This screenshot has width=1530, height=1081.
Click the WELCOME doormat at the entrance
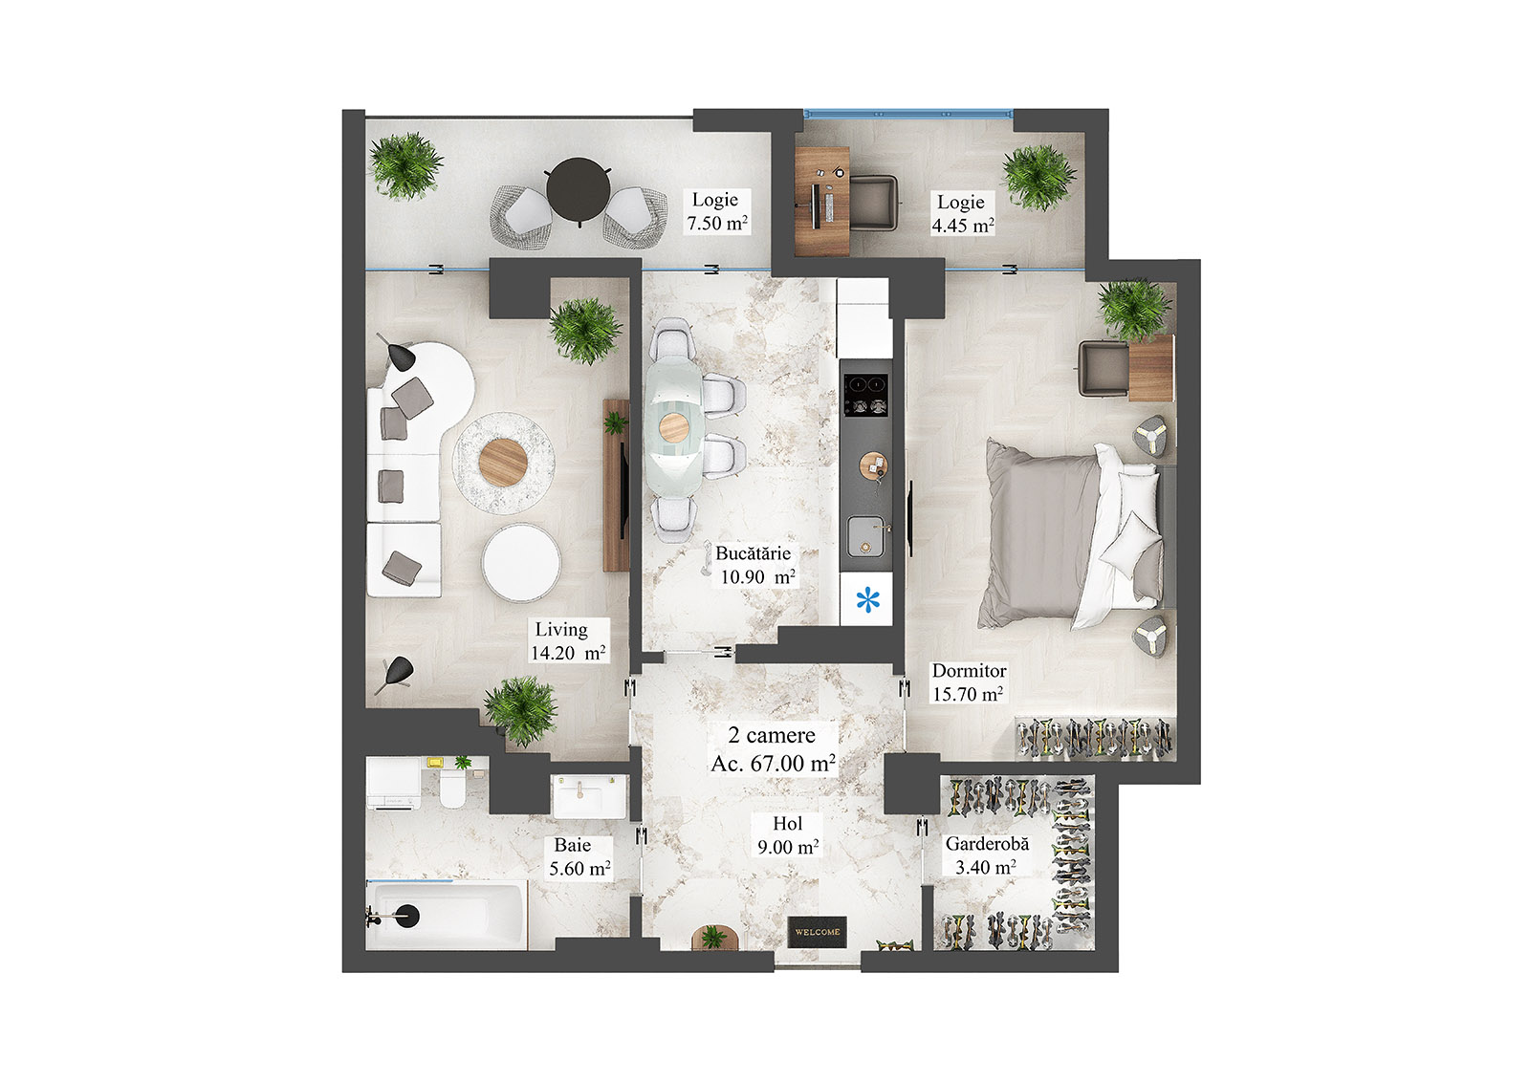pyautogui.click(x=818, y=932)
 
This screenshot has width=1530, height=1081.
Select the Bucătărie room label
pyautogui.click(x=753, y=553)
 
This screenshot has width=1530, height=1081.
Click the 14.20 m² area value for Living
pyautogui.click(x=568, y=654)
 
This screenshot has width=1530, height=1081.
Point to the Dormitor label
pyautogui.click(x=969, y=671)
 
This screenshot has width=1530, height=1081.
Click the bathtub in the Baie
pyautogui.click(x=446, y=915)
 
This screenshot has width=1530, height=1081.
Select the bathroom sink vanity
pyautogui.click(x=588, y=795)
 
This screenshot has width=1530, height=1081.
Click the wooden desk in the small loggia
pyautogui.click(x=822, y=200)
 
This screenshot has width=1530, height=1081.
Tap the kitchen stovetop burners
pyautogui.click(x=865, y=395)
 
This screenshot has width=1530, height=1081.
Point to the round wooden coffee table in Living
pyautogui.click(x=503, y=462)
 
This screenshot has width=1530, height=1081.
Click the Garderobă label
pyautogui.click(x=987, y=844)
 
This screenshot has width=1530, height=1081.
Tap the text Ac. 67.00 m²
pyautogui.click(x=773, y=764)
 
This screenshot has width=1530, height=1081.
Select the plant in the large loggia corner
pyautogui.click(x=406, y=165)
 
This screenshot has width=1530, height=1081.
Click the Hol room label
pyautogui.click(x=788, y=824)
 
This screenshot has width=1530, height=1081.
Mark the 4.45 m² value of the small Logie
pyautogui.click(x=963, y=227)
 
